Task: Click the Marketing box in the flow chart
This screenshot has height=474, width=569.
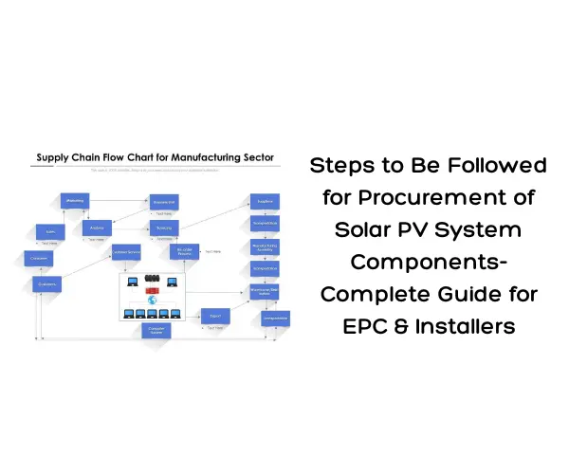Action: coord(75,200)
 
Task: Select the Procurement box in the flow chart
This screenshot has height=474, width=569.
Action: coord(164,202)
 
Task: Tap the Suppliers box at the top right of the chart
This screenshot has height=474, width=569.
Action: coord(265,201)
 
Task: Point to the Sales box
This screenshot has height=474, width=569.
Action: coord(49,231)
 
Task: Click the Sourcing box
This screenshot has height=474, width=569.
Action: coord(164,228)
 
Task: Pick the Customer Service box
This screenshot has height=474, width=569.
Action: coord(126,252)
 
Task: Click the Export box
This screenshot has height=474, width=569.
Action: coord(214,315)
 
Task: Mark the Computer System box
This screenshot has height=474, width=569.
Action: coord(156,330)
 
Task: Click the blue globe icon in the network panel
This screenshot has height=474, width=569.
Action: coord(152,299)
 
